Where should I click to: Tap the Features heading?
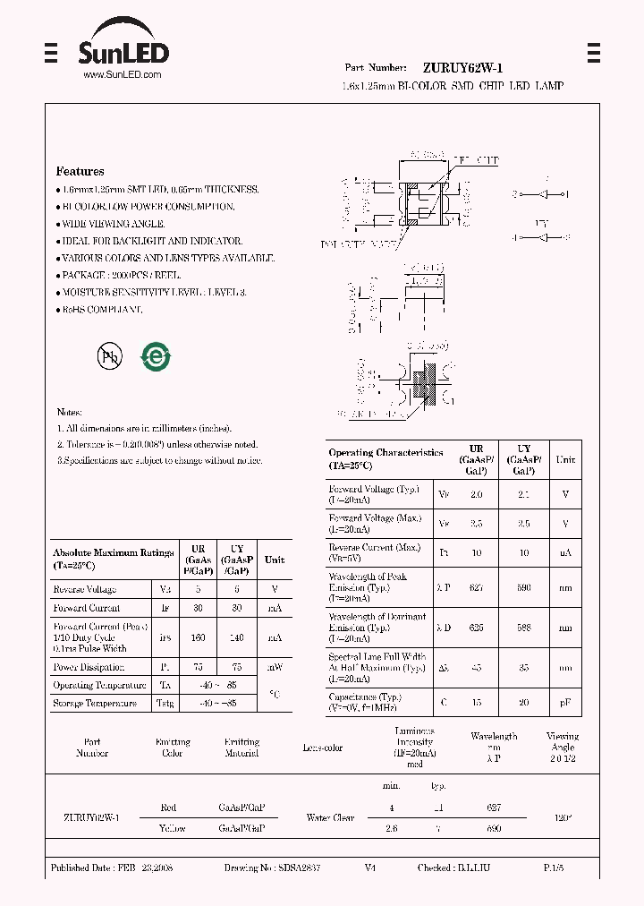click(x=80, y=171)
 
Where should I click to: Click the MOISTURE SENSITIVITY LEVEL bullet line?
click(x=153, y=293)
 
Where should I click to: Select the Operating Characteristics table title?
click(x=386, y=458)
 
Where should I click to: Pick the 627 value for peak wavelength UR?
click(x=476, y=588)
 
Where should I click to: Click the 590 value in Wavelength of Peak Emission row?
click(x=524, y=588)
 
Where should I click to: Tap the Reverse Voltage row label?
click(x=85, y=589)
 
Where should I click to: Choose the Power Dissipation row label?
click(x=89, y=667)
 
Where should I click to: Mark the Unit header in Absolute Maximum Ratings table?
click(x=275, y=560)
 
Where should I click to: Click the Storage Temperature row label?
click(x=95, y=704)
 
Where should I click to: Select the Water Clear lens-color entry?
click(x=330, y=818)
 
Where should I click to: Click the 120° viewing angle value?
click(x=563, y=818)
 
